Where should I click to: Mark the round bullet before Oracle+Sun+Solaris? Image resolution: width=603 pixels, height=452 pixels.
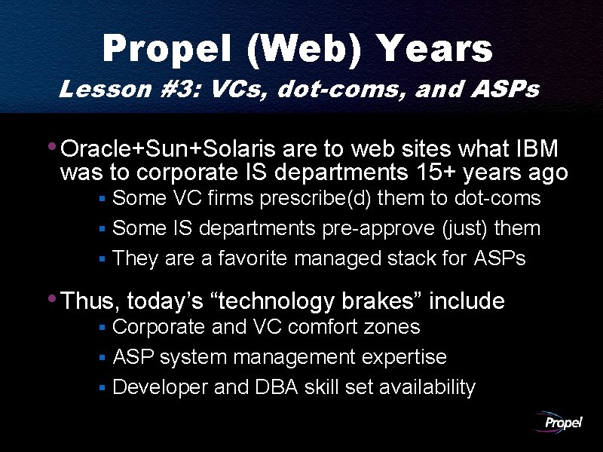point(51,145)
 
